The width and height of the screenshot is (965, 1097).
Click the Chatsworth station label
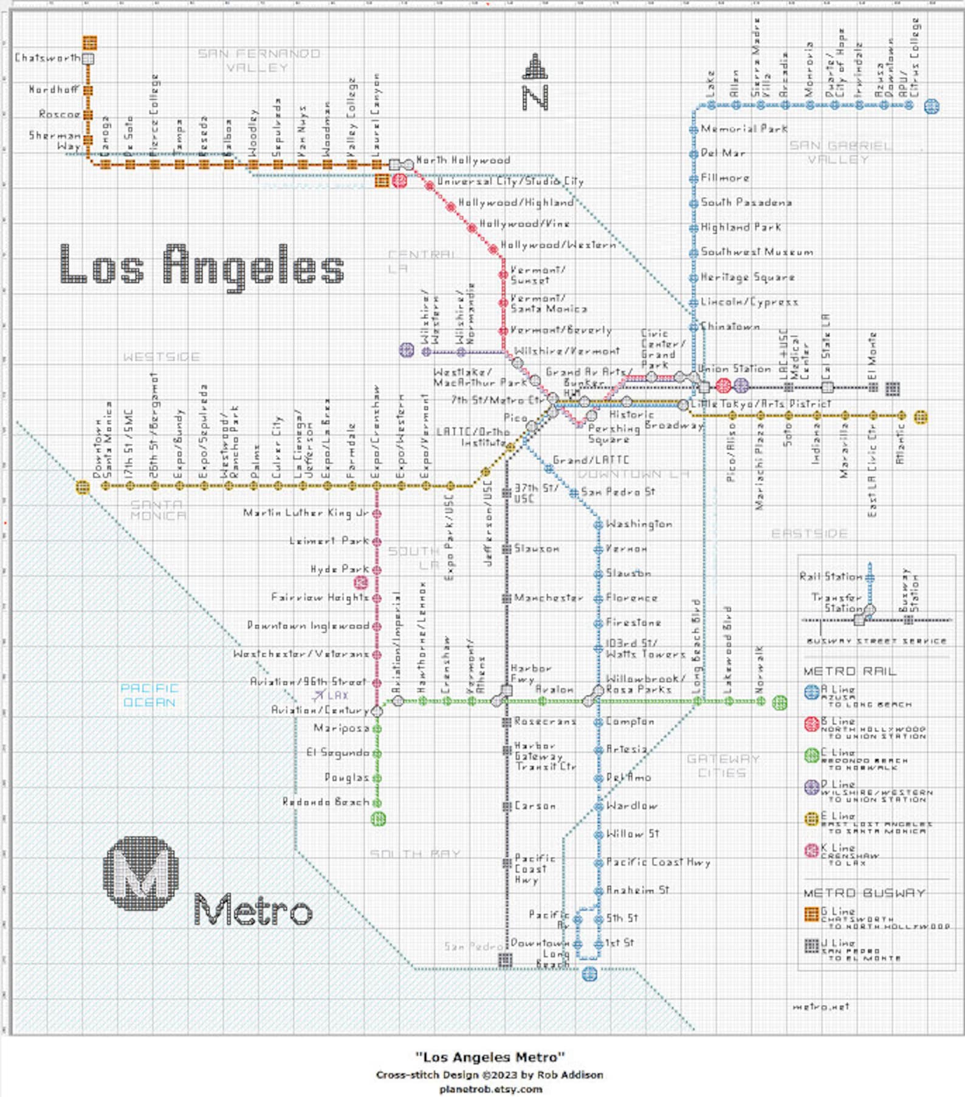[x=47, y=58]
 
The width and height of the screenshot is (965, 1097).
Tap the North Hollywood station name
[x=463, y=161]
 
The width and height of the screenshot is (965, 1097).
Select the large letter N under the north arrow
[x=535, y=97]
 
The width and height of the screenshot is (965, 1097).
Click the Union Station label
[x=734, y=369]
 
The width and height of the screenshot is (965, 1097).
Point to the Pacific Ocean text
[x=149, y=695]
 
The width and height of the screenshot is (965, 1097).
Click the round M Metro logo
[x=141, y=873]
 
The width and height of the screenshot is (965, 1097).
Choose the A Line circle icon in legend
[x=811, y=692]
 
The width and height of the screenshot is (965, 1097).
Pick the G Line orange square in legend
[x=811, y=914]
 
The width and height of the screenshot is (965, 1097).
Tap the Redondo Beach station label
[x=326, y=802]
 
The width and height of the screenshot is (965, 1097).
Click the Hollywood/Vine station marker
[x=472, y=228]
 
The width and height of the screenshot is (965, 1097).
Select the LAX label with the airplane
[x=331, y=695]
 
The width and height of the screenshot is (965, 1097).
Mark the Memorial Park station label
[x=744, y=129]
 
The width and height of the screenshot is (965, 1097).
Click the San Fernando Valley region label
[x=259, y=61]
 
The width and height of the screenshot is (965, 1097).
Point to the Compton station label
[x=630, y=722]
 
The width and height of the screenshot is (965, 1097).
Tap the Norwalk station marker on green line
[x=761, y=701]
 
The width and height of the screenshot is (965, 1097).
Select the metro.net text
[x=820, y=1007]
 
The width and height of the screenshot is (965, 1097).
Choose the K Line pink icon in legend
[x=811, y=850]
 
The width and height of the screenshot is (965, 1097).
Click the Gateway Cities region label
[x=723, y=766]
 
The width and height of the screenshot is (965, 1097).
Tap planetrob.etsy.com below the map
[x=490, y=1089]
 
